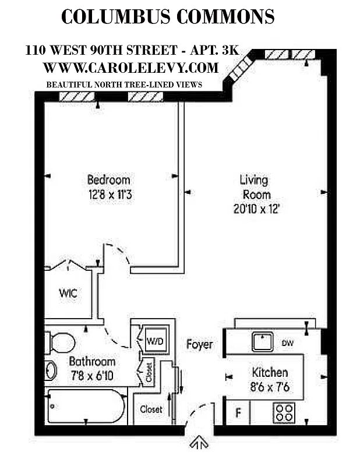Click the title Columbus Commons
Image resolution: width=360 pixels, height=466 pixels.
click(x=168, y=17)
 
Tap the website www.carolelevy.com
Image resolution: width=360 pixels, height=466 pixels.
click(x=130, y=68)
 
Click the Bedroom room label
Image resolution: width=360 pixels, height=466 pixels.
click(x=108, y=180)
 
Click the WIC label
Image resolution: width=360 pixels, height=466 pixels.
click(x=68, y=293)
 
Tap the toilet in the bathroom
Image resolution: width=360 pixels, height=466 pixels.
click(x=60, y=343)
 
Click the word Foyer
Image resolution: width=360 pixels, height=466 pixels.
click(x=199, y=344)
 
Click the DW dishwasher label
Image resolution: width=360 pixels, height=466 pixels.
click(x=288, y=344)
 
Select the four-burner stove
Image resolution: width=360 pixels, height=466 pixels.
click(x=285, y=413)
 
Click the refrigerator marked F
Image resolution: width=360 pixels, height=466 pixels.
click(x=238, y=414)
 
